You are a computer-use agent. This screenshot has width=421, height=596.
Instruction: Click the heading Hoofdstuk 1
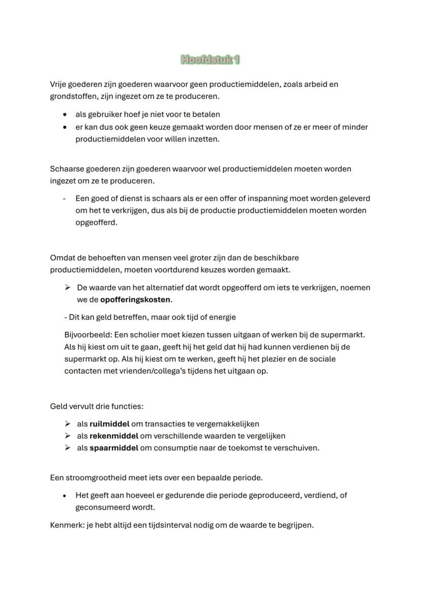click(x=211, y=60)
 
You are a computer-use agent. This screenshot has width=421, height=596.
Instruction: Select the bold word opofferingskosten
click(x=135, y=300)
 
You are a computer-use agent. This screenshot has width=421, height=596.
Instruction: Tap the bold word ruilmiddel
click(x=109, y=423)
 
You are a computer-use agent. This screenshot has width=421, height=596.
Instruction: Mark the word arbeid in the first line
click(x=313, y=84)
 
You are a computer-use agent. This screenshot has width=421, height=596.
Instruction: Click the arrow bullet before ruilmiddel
click(x=68, y=423)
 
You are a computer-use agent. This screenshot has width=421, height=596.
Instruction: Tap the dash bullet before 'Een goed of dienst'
click(x=65, y=198)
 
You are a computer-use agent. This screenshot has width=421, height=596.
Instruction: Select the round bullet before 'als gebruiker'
click(x=65, y=115)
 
